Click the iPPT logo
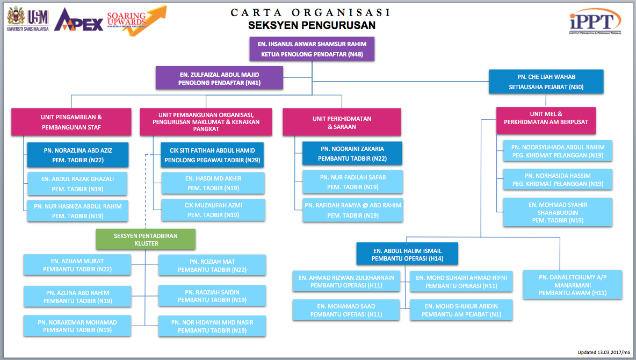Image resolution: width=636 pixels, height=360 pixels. point(595,21)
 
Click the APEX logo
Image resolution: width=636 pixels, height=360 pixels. point(78,20)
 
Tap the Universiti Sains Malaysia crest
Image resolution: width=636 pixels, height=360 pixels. point(16,16)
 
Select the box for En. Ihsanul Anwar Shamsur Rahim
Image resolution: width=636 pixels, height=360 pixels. point(312,49)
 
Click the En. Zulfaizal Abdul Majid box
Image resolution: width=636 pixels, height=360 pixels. point(220,78)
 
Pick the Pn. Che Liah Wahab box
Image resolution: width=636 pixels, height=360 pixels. point(546,82)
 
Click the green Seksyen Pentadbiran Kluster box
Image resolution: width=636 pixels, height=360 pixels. point(146,240)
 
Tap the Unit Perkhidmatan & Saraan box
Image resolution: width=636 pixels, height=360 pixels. point(342,122)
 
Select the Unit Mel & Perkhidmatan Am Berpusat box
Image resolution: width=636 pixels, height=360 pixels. point(546,121)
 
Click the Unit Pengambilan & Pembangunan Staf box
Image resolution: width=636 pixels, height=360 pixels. point(71,122)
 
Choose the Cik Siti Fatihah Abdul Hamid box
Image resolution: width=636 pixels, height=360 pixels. point(212,155)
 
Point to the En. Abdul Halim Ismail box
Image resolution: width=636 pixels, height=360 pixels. point(407,254)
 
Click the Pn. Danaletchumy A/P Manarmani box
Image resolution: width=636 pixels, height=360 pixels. point(572,285)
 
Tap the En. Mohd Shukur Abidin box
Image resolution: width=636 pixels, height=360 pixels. point(461,310)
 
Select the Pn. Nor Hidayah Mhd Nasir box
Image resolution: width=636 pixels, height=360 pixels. point(212,326)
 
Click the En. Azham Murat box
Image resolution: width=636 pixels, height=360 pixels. point(77,265)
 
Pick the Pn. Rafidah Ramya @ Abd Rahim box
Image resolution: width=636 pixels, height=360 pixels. point(353,210)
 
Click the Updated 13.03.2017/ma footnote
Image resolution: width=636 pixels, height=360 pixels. point(604,352)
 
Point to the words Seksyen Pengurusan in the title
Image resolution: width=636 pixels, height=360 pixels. point(312,25)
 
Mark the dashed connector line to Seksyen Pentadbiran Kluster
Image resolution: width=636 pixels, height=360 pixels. point(145,192)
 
